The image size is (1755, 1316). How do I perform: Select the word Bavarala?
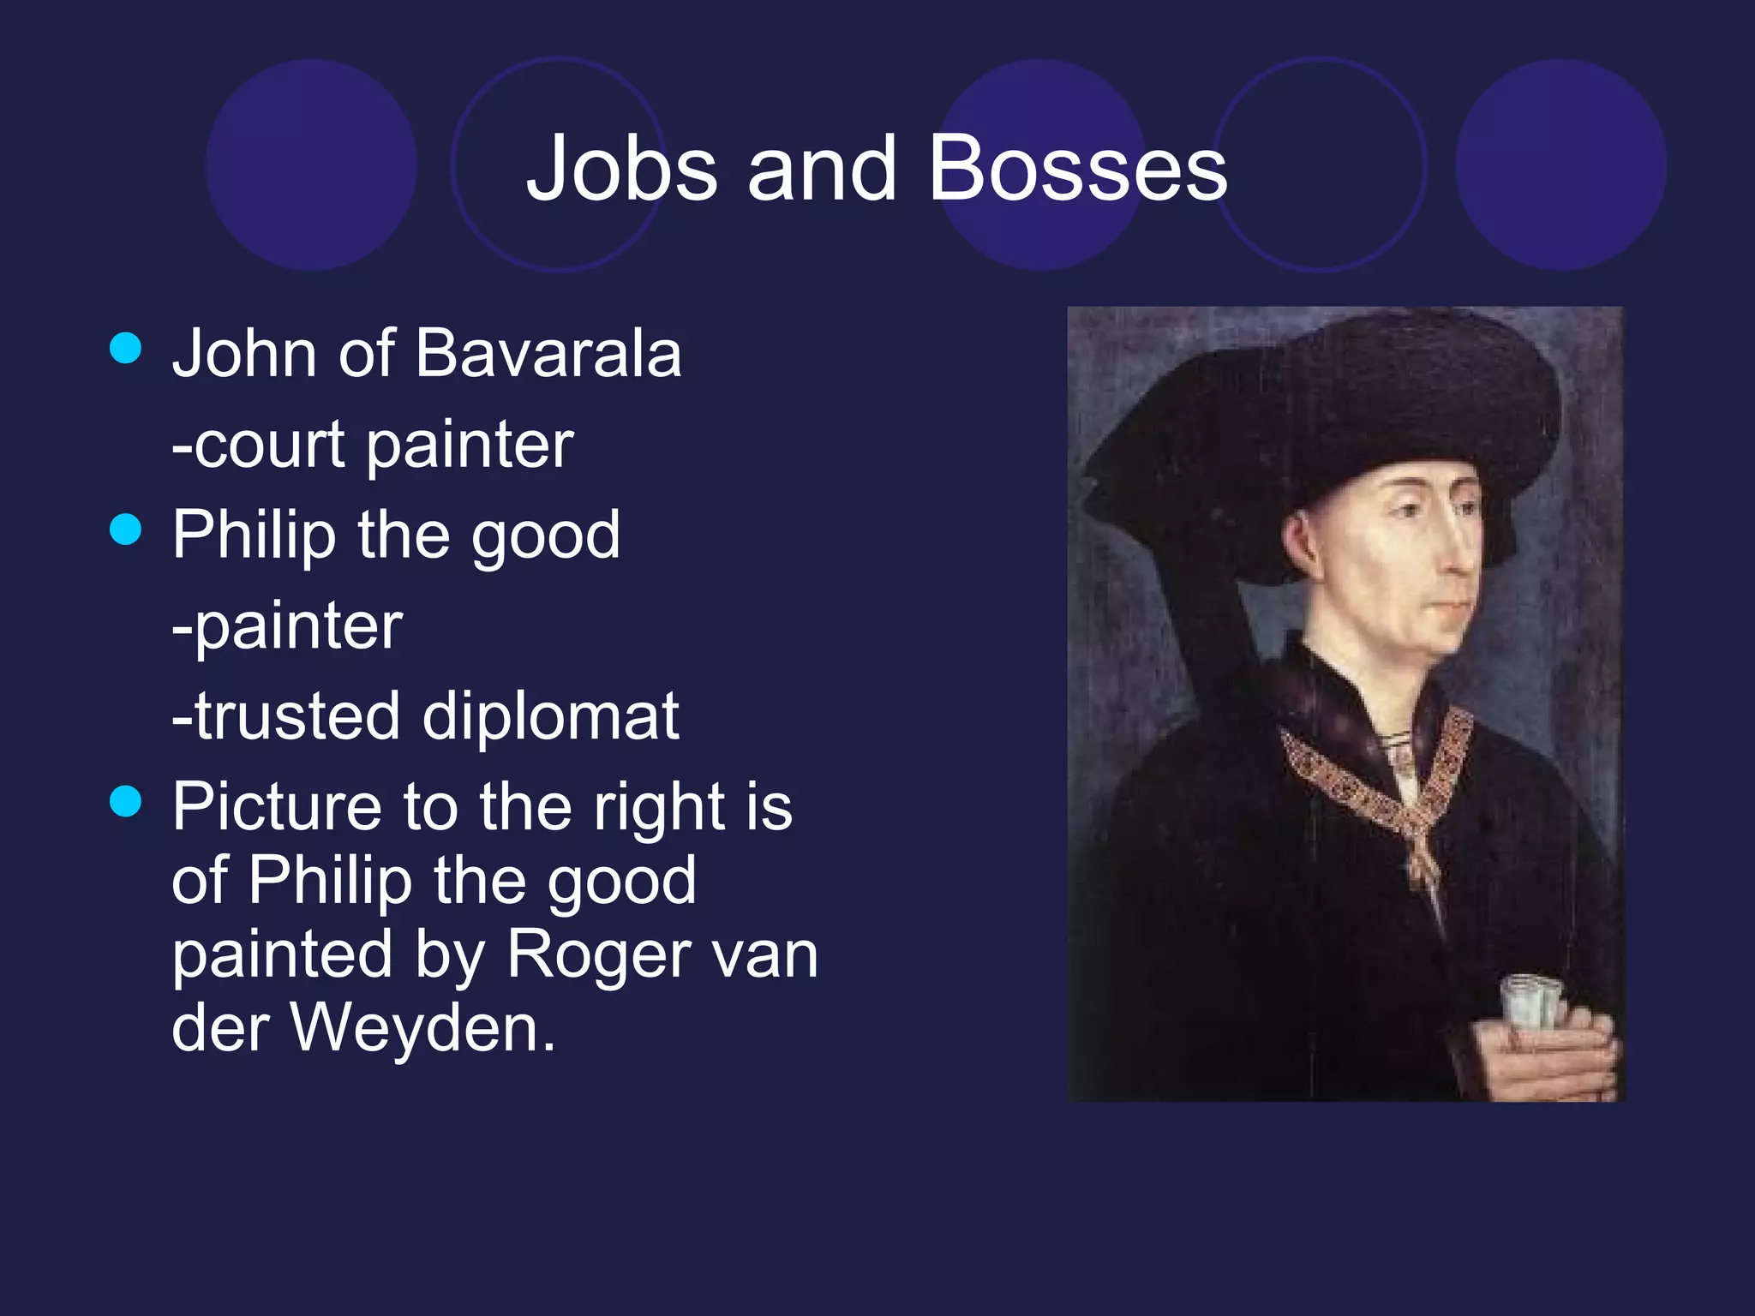548,353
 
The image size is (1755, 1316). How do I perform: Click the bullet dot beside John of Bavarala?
126,349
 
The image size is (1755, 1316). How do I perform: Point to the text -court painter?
373,446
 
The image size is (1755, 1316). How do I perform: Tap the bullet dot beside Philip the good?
126,529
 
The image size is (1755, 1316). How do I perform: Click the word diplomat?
551,717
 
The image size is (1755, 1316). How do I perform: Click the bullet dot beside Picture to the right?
126,802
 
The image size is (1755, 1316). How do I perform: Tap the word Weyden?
423,1027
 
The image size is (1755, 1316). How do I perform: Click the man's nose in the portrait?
1463,548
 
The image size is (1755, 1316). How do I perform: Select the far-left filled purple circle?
311,164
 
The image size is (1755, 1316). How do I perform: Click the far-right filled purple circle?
1561,164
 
